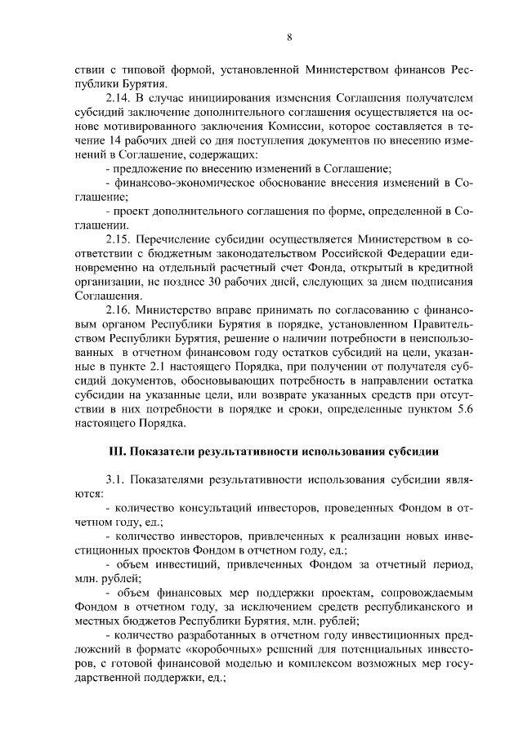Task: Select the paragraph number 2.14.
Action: pos(118,98)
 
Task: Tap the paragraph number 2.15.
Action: pos(118,238)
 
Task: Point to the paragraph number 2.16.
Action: pos(118,309)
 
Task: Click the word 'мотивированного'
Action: pos(131,127)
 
